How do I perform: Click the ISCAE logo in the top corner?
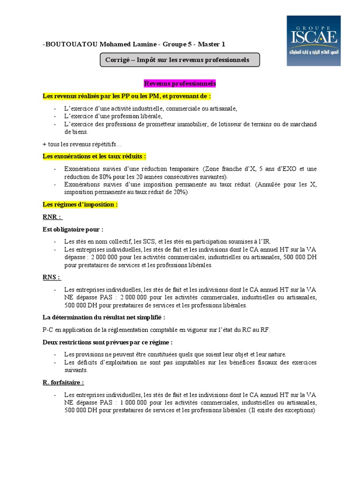[x=314, y=41]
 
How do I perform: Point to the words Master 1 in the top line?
[x=211, y=44]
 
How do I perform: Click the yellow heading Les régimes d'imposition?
[x=80, y=205]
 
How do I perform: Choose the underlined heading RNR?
[x=52, y=217]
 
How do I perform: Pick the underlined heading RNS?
[x=52, y=277]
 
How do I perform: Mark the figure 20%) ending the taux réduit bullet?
[x=180, y=192]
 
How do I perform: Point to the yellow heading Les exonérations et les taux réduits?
[x=94, y=156]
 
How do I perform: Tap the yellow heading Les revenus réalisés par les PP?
[x=127, y=96]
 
